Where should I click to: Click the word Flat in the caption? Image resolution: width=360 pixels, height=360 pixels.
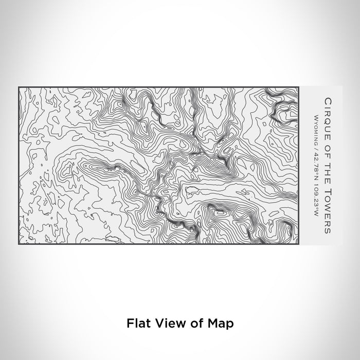pyautogui.click(x=137, y=323)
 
